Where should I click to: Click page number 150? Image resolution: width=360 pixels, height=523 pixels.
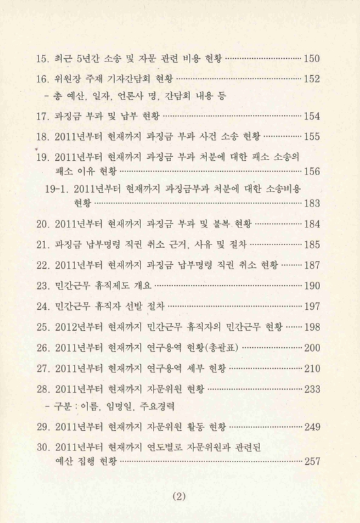312,59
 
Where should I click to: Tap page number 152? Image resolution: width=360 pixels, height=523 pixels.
312,79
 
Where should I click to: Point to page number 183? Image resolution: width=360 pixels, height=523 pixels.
312,203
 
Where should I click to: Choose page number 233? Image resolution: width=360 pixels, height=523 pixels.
312,389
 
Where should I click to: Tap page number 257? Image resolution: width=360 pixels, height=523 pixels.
312,461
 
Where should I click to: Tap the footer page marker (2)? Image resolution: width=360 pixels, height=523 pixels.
179,496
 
